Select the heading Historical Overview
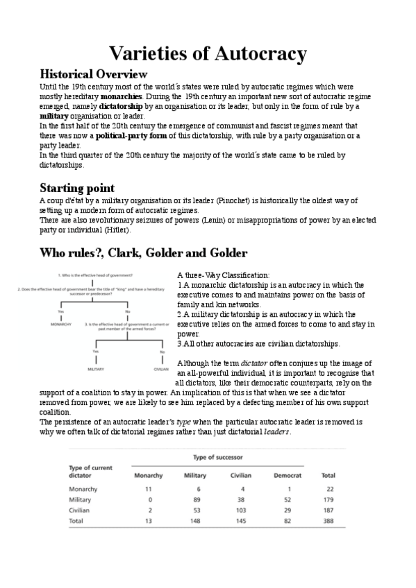tap(93, 73)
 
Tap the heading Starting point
tap(77, 188)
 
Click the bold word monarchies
tap(122, 96)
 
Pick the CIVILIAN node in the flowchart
tap(161, 369)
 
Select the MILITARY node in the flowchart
tap(95, 369)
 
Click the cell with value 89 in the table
tap(194, 499)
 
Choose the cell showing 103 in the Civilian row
tap(240, 510)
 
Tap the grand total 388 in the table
tap(328, 521)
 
